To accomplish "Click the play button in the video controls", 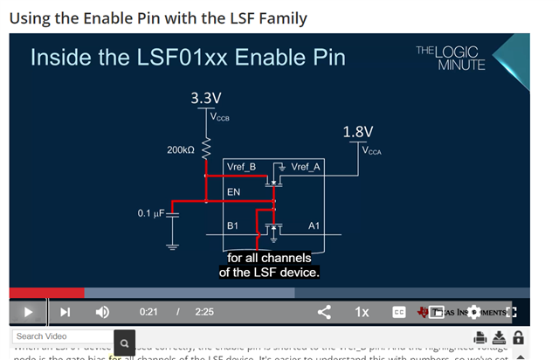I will point(28,311).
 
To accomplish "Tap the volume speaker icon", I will point(102,311).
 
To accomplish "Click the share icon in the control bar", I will point(324,311).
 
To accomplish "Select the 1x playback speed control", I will point(362,311).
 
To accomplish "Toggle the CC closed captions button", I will point(398,311).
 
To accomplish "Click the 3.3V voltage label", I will point(207,97).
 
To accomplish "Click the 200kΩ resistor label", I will point(180,150).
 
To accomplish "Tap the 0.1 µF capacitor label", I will point(150,213).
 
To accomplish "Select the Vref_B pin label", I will point(241,167).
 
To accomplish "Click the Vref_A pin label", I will point(306,167).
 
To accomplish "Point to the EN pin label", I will point(233,190).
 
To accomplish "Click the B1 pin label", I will point(233,225).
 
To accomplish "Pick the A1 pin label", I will point(314,225).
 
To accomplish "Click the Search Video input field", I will point(61,336).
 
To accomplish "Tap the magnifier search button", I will point(125,343).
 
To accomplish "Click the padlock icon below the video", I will point(518,337).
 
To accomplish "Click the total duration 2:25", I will point(204,311).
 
